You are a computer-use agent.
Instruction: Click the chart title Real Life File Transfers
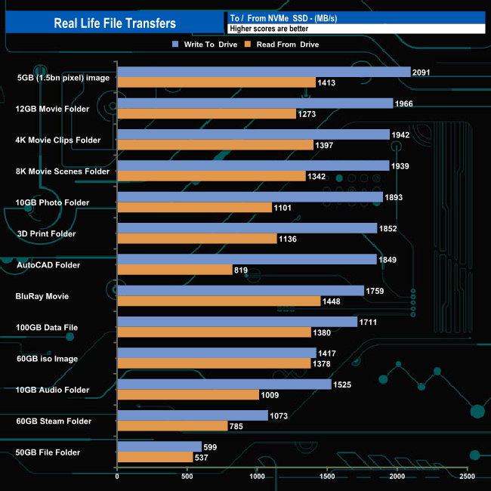point(115,23)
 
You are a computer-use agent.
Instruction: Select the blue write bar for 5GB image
point(264,72)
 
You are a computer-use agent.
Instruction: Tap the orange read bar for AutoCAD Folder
point(174,269)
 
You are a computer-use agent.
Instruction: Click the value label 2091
point(423,72)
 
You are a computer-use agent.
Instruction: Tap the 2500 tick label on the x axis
point(467,477)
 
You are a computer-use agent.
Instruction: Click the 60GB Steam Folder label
point(54,421)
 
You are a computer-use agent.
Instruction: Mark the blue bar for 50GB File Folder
point(159,446)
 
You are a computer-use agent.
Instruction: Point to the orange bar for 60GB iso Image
point(214,363)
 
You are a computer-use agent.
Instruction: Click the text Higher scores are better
point(271,28)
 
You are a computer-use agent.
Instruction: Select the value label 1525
point(344,384)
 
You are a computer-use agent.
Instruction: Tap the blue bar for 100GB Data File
point(237,322)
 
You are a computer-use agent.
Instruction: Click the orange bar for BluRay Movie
point(219,301)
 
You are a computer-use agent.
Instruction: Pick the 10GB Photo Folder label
point(53,202)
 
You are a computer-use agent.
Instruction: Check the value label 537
point(205,457)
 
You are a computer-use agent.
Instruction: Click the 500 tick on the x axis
point(187,477)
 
